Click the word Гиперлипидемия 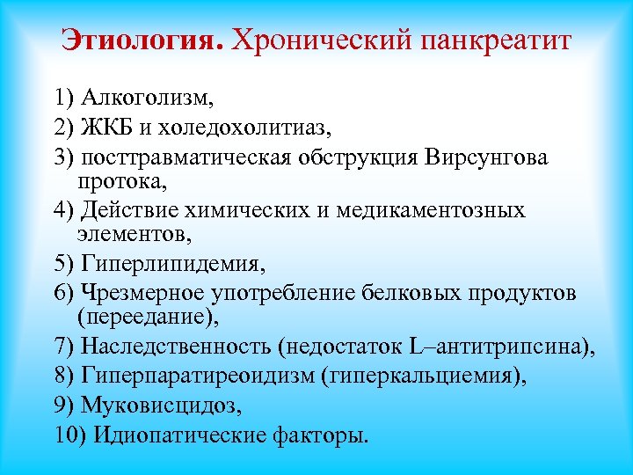[x=171, y=263]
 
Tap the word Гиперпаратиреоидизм [x=199, y=376]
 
